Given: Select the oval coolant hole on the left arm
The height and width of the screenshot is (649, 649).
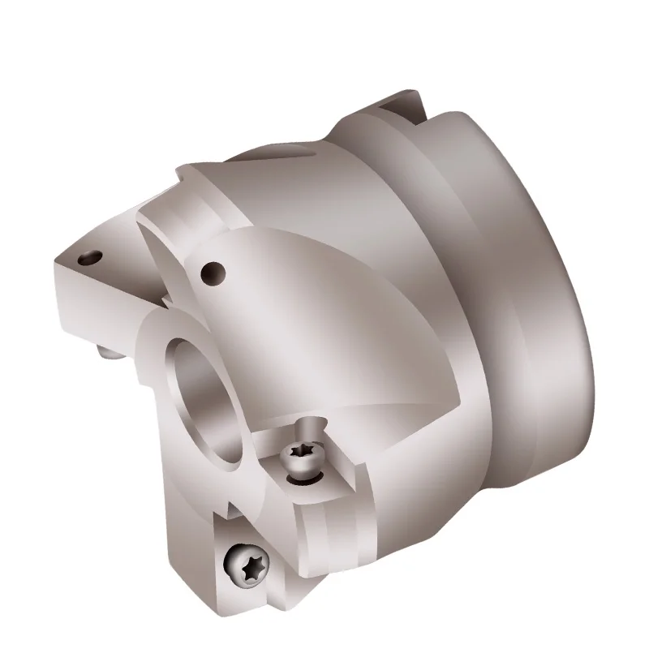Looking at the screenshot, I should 87,260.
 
